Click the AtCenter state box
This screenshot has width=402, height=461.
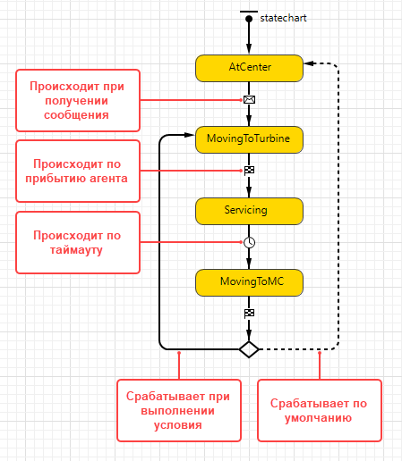coord(249,68)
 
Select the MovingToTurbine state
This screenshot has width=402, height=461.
coord(249,139)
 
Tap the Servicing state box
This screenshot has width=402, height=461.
coord(249,211)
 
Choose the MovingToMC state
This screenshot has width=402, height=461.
coord(249,282)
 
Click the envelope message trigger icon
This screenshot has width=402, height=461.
coord(249,99)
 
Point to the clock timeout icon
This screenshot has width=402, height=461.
coord(249,242)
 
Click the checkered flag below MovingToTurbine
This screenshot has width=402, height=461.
coord(249,171)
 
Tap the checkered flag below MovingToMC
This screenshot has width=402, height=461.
coord(249,314)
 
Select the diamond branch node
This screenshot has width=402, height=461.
coord(249,349)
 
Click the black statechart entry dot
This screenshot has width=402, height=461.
coord(249,19)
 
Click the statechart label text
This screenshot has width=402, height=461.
coord(283,18)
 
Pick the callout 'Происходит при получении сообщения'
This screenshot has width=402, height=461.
coord(78,100)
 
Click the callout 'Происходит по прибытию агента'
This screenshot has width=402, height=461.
coord(78,171)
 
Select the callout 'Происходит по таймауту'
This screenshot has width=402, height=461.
coord(78,242)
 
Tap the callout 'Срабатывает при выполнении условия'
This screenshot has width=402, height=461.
coord(179,410)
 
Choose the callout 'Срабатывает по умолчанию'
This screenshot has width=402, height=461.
coord(320,410)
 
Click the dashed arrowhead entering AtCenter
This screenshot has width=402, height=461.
coord(308,63)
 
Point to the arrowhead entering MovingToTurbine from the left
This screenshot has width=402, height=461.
coord(190,135)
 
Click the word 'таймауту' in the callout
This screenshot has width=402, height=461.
coord(76,249)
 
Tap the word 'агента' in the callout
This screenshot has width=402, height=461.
coord(108,178)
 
